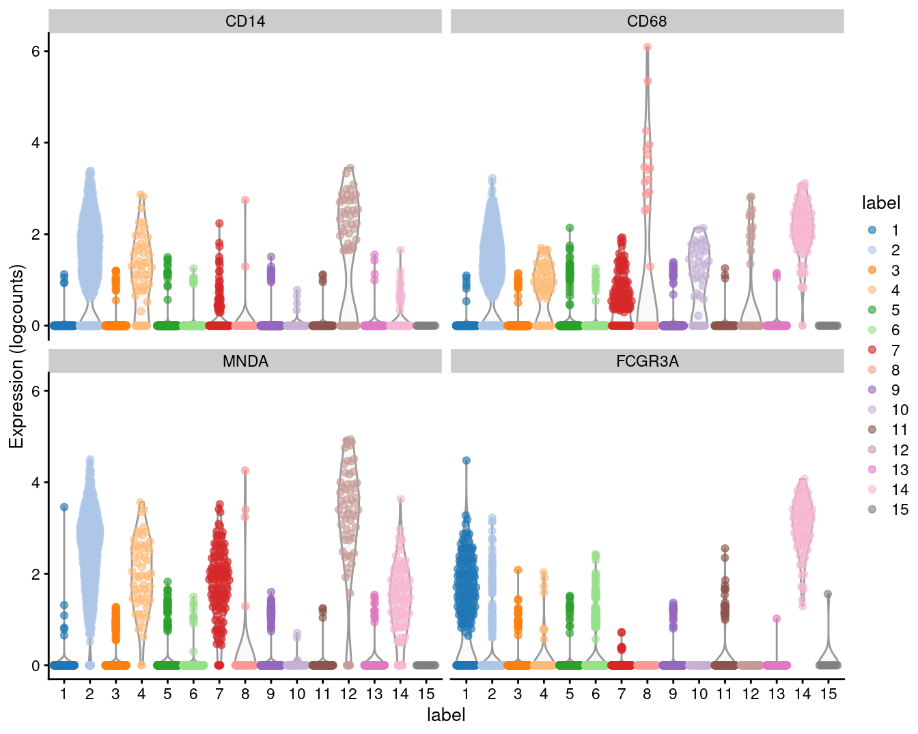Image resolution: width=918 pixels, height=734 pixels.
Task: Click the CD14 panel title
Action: [x=245, y=21]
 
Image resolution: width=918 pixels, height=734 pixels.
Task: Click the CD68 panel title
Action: [x=647, y=21]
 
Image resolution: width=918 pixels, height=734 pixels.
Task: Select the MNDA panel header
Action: [x=245, y=361]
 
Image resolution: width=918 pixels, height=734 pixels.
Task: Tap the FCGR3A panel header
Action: [x=647, y=361]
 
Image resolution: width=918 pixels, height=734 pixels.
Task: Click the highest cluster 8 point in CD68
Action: [x=647, y=47]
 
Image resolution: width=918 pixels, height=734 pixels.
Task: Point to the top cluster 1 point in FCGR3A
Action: [x=466, y=460]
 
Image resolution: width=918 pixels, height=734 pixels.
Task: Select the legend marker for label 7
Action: [x=872, y=350]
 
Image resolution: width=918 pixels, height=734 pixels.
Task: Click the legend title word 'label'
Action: [x=880, y=203]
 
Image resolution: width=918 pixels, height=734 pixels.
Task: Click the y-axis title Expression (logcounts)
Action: [x=16, y=356]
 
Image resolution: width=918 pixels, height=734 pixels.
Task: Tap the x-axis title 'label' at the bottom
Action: [x=446, y=715]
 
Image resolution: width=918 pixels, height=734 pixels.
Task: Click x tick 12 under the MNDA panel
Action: [x=348, y=694]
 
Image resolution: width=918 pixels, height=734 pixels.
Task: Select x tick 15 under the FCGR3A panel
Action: [x=829, y=694]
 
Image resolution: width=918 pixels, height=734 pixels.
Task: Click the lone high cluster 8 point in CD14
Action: [x=245, y=200]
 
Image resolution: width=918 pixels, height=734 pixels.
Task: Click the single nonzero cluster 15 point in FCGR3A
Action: [x=828, y=594]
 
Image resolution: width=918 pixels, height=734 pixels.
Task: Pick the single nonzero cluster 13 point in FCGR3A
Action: [x=777, y=619]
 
